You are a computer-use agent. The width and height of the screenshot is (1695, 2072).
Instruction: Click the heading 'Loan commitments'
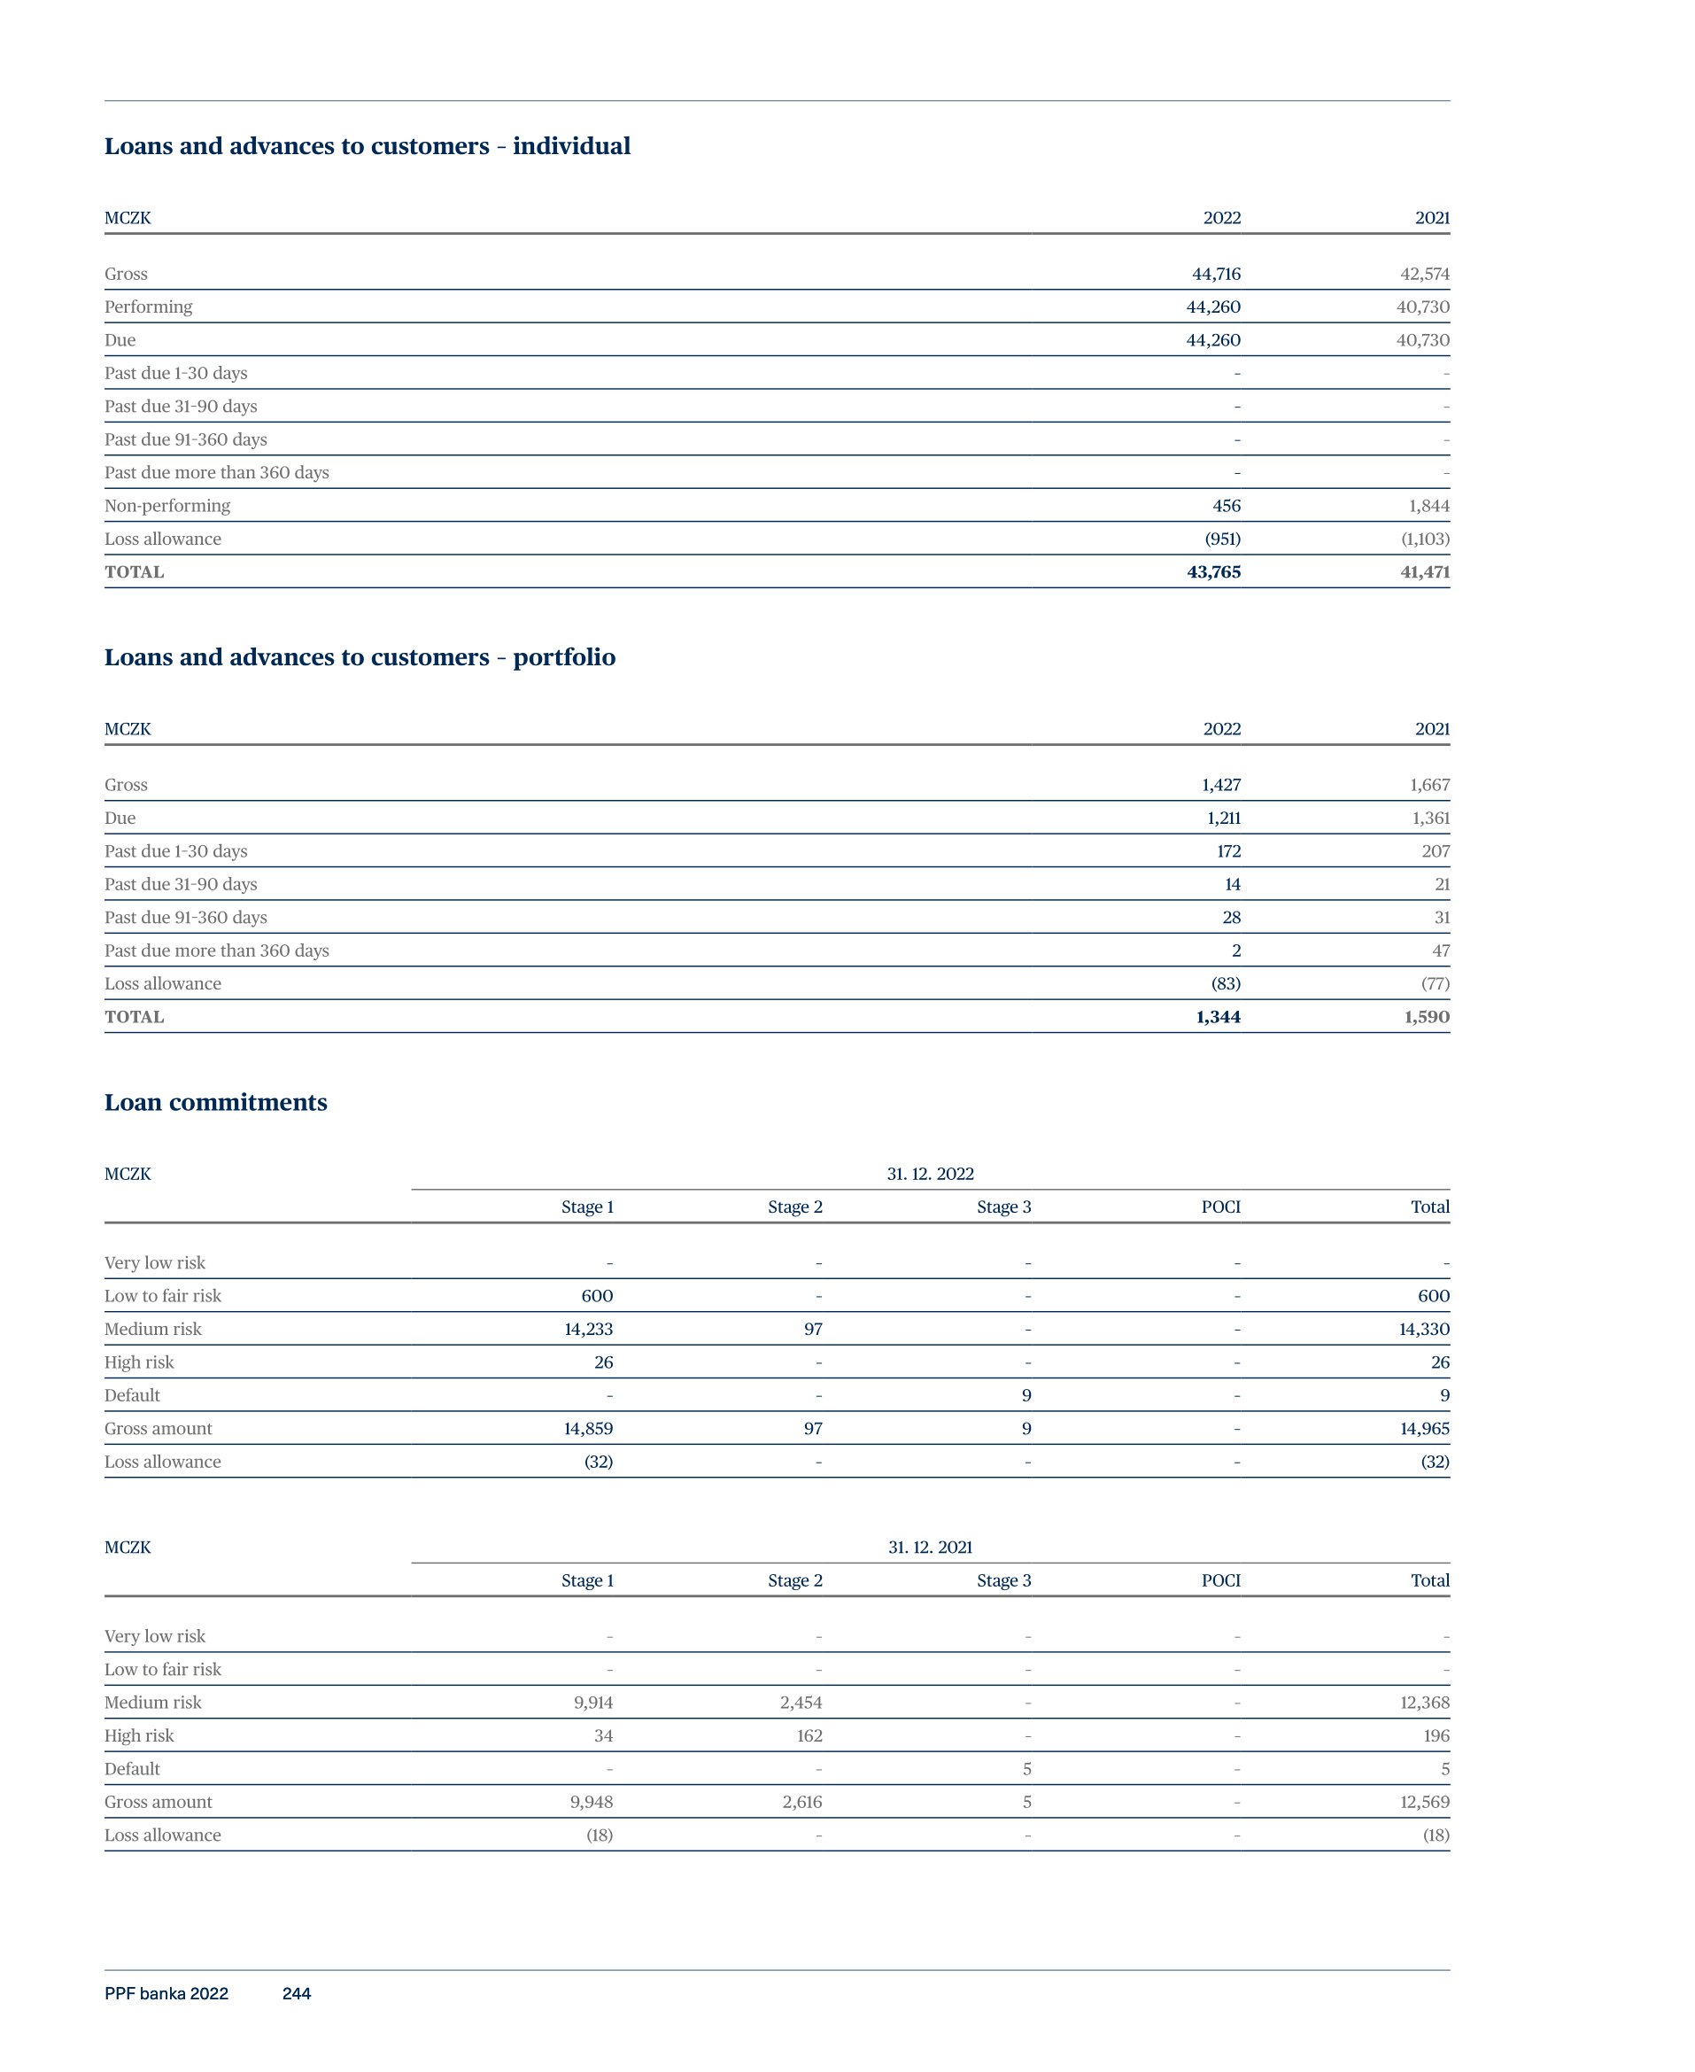click(x=216, y=1102)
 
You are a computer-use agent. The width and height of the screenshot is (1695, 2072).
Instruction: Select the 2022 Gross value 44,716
click(x=1216, y=275)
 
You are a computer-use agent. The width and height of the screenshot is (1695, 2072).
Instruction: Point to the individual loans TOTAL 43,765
click(x=1213, y=572)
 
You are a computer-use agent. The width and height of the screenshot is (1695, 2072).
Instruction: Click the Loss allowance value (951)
click(x=1222, y=539)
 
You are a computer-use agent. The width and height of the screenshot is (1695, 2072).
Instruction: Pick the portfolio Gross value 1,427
click(x=1220, y=785)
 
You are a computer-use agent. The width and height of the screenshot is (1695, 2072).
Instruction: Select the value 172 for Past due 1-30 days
click(x=1228, y=851)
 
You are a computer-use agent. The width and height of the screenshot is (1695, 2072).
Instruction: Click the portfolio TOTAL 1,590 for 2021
click(x=1427, y=1018)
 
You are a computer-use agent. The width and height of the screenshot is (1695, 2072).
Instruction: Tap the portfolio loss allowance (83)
click(x=1226, y=984)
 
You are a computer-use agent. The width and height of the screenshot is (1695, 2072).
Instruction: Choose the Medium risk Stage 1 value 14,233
click(x=588, y=1329)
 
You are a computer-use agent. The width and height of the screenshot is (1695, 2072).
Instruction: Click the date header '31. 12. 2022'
click(x=930, y=1174)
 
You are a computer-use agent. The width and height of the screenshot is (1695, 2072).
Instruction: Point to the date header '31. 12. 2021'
click(x=930, y=1548)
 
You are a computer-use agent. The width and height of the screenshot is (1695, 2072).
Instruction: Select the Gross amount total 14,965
click(x=1425, y=1429)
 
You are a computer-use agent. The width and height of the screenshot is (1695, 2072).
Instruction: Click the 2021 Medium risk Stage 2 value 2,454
click(x=801, y=1703)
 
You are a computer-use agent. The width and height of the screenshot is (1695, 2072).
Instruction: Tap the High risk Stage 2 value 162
click(x=809, y=1736)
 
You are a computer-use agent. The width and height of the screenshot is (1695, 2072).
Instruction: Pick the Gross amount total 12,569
click(x=1425, y=1803)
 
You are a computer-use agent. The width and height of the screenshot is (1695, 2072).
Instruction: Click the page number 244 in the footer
click(x=296, y=1994)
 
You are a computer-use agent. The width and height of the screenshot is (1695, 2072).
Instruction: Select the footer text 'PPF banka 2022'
click(x=166, y=1994)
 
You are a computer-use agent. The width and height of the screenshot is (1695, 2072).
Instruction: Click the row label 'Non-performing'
click(x=167, y=506)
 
